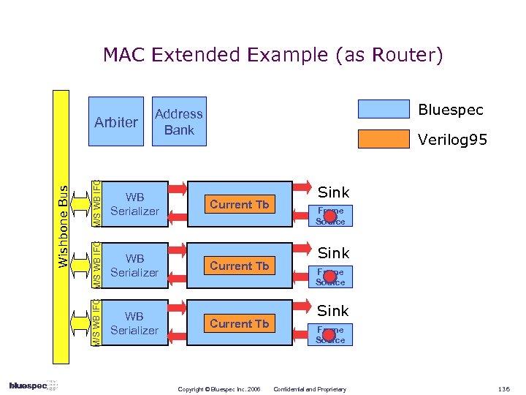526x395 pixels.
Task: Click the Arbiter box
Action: click(x=115, y=121)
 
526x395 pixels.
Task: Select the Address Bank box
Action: click(x=179, y=121)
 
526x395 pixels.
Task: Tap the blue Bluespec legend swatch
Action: click(x=384, y=110)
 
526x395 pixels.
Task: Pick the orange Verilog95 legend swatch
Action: click(x=384, y=139)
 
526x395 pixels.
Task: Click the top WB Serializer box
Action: click(x=134, y=204)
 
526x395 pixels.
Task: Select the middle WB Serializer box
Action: click(x=134, y=266)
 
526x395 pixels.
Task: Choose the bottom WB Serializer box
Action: click(x=134, y=323)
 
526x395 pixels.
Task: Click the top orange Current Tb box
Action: click(x=240, y=205)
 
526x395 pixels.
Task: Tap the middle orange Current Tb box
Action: click(x=240, y=266)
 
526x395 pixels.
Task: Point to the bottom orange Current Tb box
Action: click(x=240, y=323)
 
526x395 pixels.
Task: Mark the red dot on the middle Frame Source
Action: click(x=329, y=276)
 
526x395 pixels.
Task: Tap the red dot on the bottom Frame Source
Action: click(x=329, y=335)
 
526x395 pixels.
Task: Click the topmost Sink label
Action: click(x=334, y=192)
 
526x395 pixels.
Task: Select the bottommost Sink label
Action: click(x=334, y=311)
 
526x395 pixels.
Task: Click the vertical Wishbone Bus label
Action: click(x=63, y=227)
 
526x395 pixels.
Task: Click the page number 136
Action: click(x=504, y=388)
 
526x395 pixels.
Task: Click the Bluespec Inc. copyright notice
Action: click(x=219, y=388)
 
